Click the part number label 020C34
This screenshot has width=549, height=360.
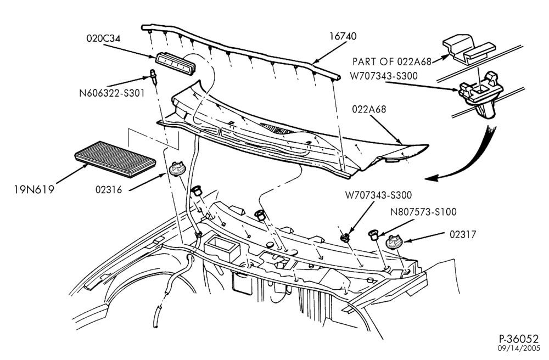click(103, 38)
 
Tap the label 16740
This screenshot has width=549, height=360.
click(343, 36)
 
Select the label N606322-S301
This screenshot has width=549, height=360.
click(111, 93)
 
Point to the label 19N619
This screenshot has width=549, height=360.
click(34, 190)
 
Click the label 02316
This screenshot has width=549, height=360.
click(109, 190)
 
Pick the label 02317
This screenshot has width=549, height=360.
click(463, 234)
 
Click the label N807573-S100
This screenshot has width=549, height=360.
click(423, 212)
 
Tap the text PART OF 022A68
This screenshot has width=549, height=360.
click(392, 62)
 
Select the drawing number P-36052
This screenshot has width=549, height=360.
click(519, 339)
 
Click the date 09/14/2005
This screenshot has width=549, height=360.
click(519, 348)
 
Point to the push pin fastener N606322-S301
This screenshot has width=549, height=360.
click(153, 76)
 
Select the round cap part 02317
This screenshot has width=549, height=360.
click(394, 242)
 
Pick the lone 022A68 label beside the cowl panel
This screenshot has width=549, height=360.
click(369, 109)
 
